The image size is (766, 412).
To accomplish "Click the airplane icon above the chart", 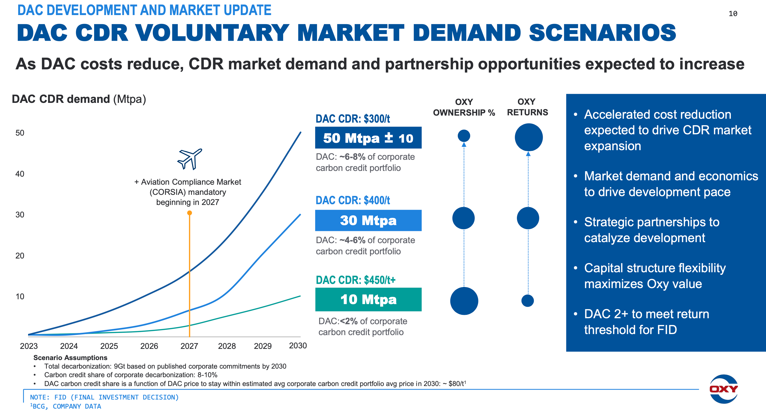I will [x=190, y=159].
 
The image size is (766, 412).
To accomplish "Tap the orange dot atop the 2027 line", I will [x=189, y=213].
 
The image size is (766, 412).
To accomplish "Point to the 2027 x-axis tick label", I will [x=189, y=346].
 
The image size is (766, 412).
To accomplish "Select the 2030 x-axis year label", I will [x=298, y=345].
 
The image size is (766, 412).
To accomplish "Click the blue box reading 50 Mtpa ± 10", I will [x=368, y=138].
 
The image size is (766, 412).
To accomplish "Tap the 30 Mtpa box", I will [x=368, y=220].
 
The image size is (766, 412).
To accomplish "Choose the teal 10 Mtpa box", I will [x=368, y=300].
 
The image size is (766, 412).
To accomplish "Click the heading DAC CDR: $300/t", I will [x=353, y=119].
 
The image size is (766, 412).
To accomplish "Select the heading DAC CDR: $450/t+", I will [x=356, y=280].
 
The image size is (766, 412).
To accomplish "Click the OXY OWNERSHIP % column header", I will [x=464, y=107].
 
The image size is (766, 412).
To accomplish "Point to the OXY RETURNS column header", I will [x=527, y=107].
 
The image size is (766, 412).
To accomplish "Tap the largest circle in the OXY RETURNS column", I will [x=528, y=137].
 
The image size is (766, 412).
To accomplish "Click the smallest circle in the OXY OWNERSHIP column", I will [x=464, y=136].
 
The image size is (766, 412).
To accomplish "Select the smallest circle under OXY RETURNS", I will [x=528, y=301].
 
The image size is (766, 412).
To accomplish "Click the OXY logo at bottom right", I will [x=723, y=389].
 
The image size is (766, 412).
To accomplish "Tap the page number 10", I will [x=733, y=14].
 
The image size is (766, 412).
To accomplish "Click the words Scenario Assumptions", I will [x=70, y=358].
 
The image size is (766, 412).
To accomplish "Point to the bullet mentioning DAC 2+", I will [x=646, y=322].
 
